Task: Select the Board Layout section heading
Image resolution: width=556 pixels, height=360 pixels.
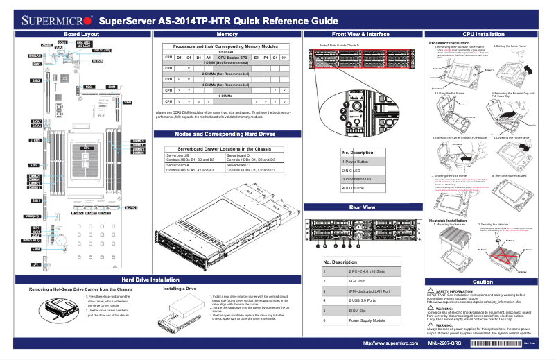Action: coord(80,34)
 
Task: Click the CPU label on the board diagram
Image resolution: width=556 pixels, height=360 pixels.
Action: coord(87,148)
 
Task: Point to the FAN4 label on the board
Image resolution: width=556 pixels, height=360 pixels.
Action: coord(35,249)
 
